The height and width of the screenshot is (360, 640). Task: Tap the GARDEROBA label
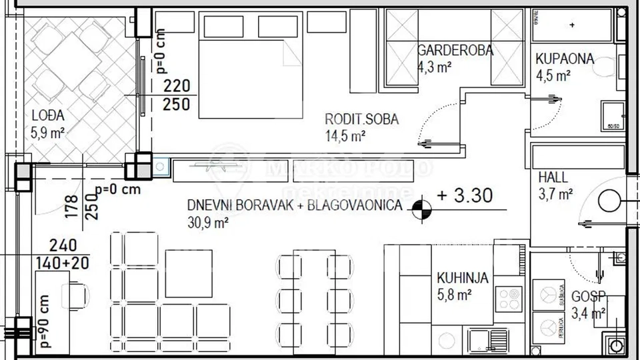455,50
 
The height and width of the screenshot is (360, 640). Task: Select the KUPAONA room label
564,59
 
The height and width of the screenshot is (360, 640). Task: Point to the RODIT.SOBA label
361,120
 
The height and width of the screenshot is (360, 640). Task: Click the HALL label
553,178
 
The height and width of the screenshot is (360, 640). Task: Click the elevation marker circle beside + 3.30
421,211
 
